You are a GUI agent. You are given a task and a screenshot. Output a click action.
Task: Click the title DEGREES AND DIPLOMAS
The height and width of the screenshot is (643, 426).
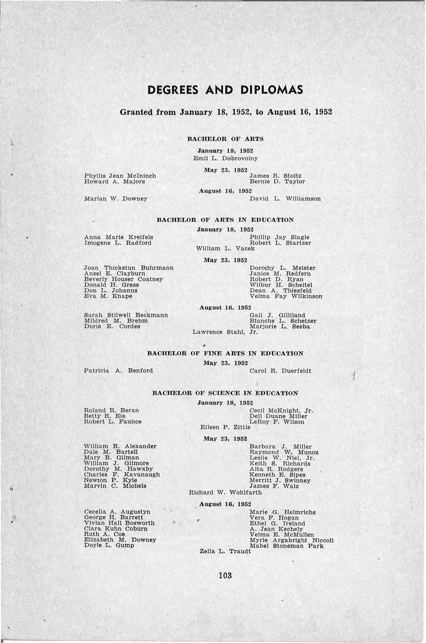coord(225,90)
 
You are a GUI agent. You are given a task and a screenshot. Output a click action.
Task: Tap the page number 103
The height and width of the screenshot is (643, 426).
coord(225,575)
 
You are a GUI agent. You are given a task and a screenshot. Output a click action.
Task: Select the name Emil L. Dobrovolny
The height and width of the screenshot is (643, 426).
coord(225,158)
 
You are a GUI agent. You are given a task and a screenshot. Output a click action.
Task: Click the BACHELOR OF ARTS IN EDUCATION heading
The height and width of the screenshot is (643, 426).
coord(225,220)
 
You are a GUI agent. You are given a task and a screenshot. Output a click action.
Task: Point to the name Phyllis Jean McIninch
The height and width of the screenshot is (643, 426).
coord(120,176)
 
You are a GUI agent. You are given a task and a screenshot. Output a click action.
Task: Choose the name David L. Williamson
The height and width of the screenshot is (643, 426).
coord(285,199)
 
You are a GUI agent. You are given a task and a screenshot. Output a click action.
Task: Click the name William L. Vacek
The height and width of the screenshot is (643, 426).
coord(225,248)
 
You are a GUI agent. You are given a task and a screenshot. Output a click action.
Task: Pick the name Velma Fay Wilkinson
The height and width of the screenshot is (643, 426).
coord(286,296)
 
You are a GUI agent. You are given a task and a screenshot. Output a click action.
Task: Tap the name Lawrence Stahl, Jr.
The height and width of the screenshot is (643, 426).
coord(225,332)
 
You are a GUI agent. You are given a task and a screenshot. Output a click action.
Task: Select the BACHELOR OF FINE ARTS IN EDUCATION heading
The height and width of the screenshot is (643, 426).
coord(225,353)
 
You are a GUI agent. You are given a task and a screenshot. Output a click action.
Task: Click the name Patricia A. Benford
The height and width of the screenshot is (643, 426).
coord(118,371)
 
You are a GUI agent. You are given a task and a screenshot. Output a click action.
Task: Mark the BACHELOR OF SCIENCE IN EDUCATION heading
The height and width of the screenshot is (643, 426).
coord(225,393)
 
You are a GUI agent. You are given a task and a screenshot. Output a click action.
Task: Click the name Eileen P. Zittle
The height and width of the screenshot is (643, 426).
coord(225,427)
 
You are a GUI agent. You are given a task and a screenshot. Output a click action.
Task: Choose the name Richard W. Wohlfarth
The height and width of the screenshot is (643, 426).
coord(225,492)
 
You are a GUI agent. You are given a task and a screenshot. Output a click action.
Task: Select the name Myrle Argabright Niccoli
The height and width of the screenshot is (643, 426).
coord(292,540)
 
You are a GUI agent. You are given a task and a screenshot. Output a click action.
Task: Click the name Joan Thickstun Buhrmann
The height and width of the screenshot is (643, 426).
coord(129,268)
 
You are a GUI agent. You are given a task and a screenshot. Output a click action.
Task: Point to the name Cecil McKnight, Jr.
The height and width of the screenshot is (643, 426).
coord(281,410)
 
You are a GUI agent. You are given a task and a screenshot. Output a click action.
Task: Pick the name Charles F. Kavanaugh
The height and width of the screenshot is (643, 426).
coord(122,475)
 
